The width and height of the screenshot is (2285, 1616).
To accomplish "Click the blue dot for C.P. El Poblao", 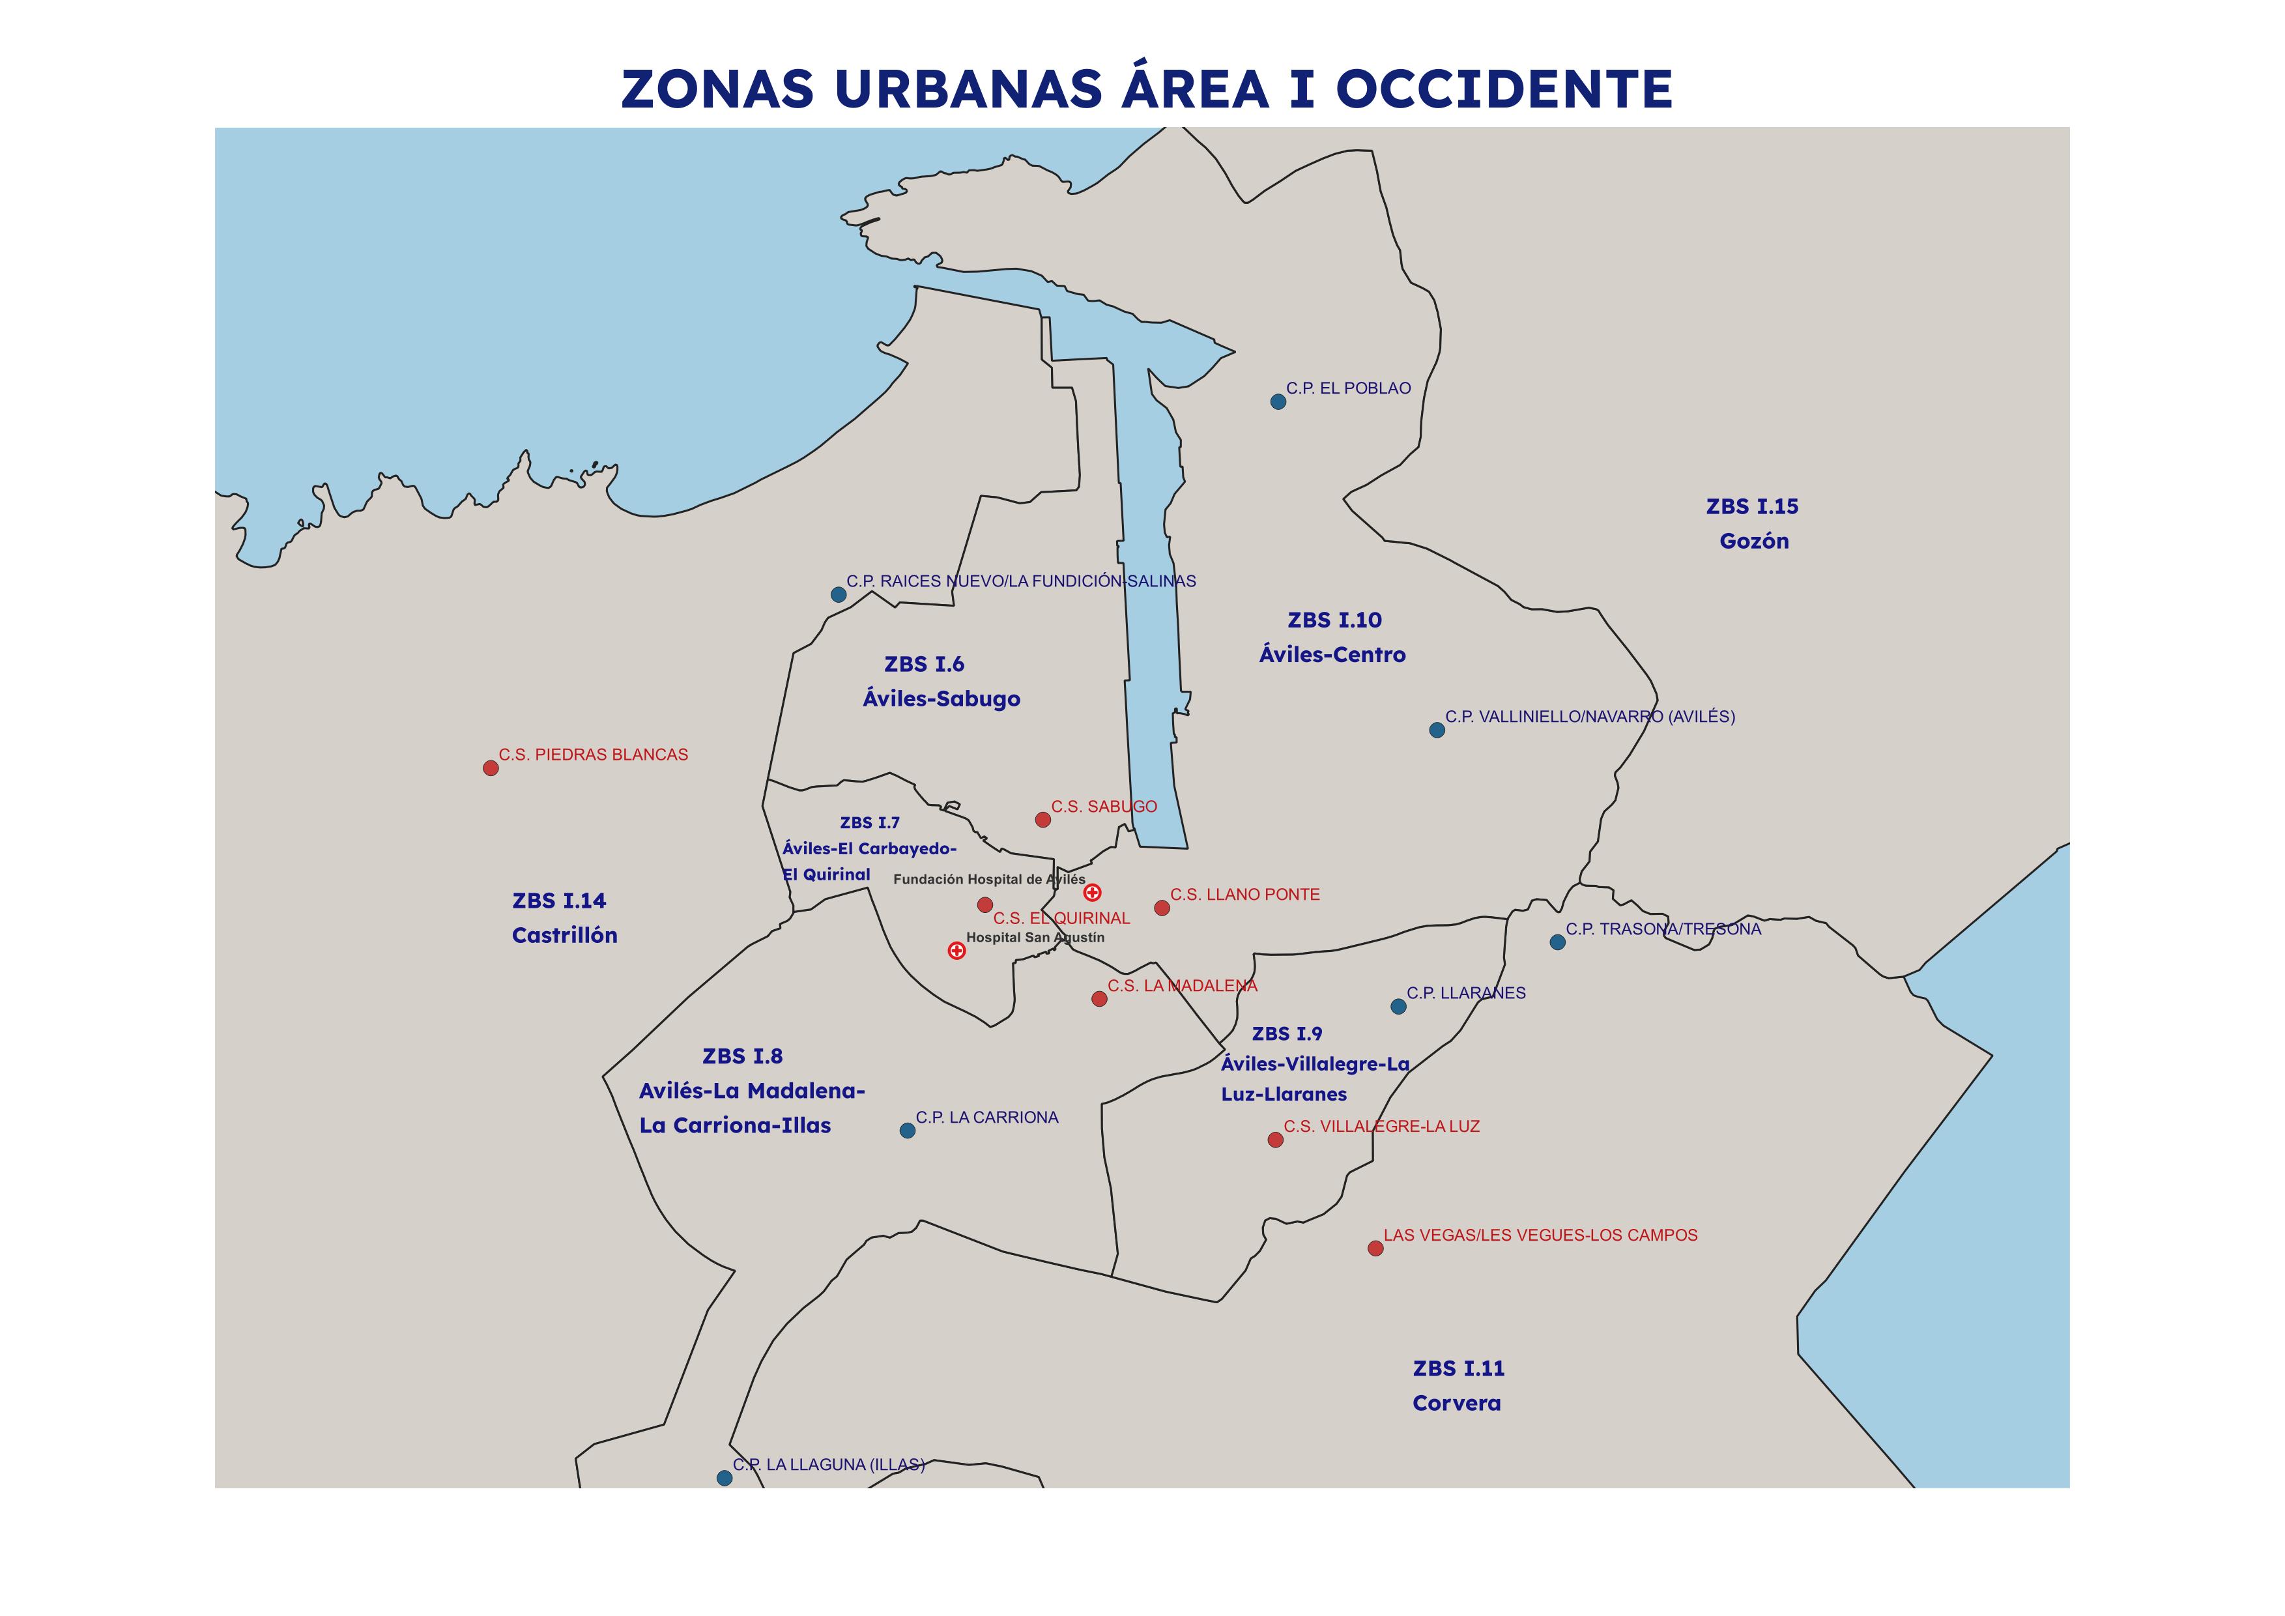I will click(1278, 402).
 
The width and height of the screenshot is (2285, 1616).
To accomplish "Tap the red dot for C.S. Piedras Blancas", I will click(491, 768).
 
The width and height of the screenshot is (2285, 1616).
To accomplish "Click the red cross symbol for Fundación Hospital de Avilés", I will click(1092, 893).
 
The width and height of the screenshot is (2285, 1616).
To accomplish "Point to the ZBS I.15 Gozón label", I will click(1753, 523).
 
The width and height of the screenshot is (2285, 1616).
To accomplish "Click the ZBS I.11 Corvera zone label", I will click(1458, 1385).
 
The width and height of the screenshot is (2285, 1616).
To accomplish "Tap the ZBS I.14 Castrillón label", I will click(564, 917).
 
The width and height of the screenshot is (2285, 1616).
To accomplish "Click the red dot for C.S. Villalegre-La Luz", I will click(1276, 1140).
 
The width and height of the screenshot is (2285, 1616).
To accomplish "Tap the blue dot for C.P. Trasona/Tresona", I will click(1557, 942).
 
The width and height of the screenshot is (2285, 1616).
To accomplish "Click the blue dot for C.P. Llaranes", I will click(1398, 1007).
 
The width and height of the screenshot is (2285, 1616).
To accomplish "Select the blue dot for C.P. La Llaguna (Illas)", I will click(725, 1479).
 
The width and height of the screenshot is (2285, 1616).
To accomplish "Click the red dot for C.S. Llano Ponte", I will click(1162, 908).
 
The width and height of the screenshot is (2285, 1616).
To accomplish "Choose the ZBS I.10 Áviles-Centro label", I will click(1334, 637).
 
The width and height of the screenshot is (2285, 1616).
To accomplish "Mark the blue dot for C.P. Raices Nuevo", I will click(838, 595).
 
